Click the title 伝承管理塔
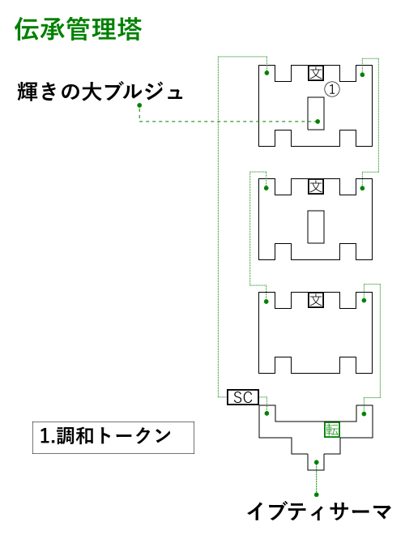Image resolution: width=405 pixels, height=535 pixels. coord(78,29)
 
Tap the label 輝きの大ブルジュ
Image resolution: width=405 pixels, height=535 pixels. coord(100,92)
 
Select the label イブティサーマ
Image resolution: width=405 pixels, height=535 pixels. coord(319,511)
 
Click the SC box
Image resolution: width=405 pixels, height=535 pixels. coord(243,397)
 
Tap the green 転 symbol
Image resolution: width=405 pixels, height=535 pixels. coord(332,430)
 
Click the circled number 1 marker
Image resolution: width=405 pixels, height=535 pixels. coord(332,89)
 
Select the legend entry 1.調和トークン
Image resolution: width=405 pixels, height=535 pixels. coord(105,436)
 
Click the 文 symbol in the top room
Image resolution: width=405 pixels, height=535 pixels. coord(316,73)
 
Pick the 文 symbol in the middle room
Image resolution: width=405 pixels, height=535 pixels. coord(316,186)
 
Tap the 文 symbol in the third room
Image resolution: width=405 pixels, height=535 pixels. coord(316,300)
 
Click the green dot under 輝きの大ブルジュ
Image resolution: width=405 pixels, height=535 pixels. coord(139,105)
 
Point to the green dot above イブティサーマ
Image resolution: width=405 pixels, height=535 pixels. coord(317,494)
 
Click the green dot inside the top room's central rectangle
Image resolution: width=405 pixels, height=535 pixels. coord(318,122)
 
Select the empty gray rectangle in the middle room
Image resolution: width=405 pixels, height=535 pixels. coord(316,227)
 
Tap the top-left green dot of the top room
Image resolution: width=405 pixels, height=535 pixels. coord(267,73)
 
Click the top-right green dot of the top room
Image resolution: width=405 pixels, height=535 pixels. coord(362,75)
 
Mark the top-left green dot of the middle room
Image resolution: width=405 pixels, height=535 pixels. coord(266,188)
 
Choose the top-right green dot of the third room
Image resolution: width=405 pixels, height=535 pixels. coord(364,301)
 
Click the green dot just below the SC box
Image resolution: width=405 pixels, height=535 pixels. coord(267,413)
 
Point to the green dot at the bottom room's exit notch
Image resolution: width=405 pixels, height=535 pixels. coord(317,462)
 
